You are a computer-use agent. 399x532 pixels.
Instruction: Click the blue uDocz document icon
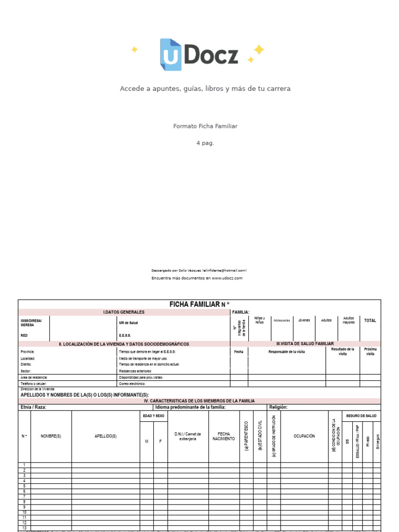(170, 55)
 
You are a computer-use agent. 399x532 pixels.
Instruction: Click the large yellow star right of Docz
(259, 50)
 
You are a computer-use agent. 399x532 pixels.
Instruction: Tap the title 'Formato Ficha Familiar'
(205, 126)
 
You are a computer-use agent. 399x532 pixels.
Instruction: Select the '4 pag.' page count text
(205, 143)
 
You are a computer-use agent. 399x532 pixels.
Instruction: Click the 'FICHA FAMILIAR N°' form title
(199, 304)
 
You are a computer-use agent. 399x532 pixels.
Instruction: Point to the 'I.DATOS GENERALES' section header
(124, 312)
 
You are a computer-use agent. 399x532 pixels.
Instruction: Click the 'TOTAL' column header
(370, 321)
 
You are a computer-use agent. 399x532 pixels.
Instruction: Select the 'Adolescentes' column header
(282, 321)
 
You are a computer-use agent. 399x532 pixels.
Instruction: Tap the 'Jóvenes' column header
(304, 320)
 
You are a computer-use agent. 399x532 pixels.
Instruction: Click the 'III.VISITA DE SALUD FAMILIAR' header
(305, 344)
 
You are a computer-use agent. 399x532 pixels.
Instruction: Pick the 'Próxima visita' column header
(370, 351)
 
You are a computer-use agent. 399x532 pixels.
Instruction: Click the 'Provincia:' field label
(28, 352)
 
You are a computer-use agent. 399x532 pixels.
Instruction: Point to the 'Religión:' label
(278, 407)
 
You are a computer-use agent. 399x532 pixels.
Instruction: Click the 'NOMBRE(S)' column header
(51, 436)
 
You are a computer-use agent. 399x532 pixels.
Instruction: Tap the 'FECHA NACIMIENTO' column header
(223, 436)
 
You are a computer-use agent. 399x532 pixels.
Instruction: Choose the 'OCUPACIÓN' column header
(304, 436)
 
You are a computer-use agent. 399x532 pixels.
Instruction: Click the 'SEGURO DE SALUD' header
(362, 416)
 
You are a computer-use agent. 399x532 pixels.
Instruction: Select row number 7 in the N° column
(24, 497)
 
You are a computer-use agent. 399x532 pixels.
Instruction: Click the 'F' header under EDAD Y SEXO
(161, 441)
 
